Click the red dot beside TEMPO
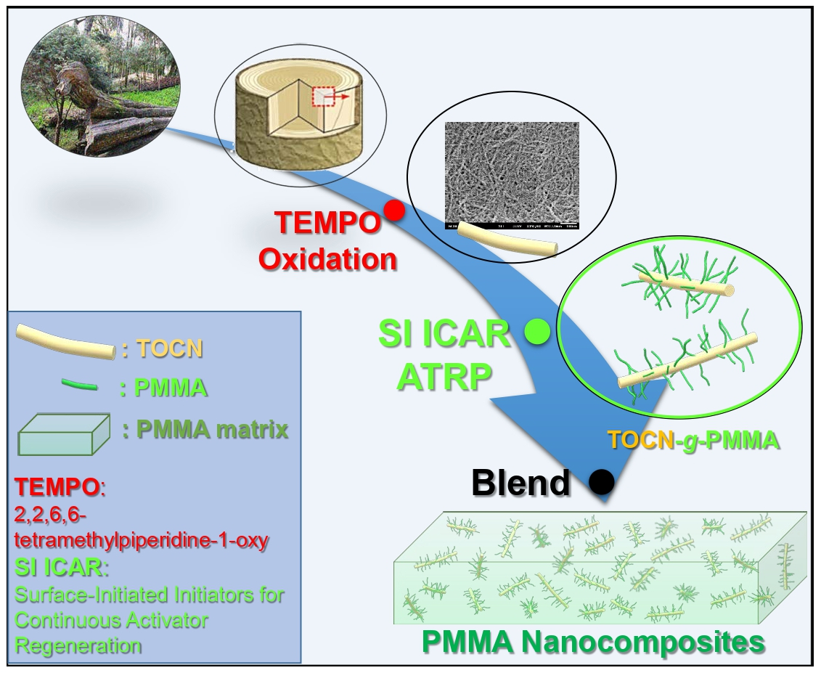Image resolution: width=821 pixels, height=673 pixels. [x=394, y=211]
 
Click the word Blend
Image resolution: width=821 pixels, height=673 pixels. [x=520, y=482]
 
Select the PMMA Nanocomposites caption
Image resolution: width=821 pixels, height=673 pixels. [x=593, y=643]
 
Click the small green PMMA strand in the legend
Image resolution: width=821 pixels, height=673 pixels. [x=81, y=388]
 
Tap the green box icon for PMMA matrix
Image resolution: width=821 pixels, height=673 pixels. [x=63, y=433]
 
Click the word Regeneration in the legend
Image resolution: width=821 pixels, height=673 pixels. [x=78, y=645]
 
